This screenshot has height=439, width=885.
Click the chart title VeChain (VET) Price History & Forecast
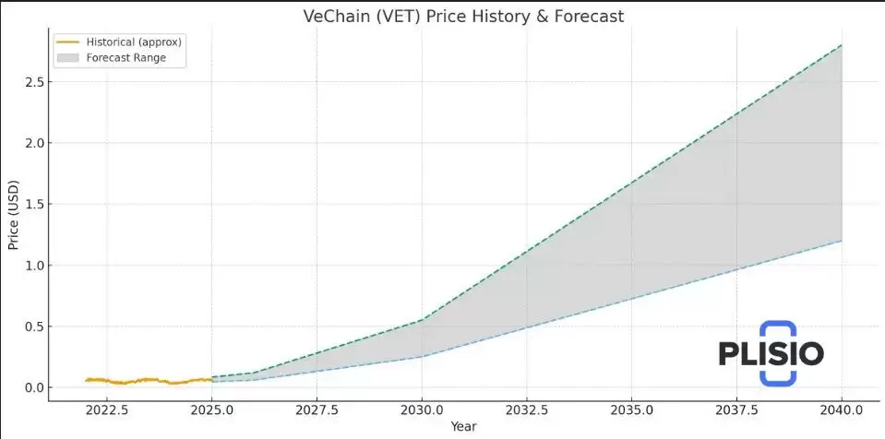(x=463, y=17)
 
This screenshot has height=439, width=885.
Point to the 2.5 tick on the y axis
(x=32, y=82)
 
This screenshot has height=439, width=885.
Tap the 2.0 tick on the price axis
(x=32, y=143)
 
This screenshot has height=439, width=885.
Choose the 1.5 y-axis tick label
(x=32, y=205)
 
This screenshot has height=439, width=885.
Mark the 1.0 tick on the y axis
(x=32, y=266)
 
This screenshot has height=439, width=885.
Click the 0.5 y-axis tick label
(x=32, y=326)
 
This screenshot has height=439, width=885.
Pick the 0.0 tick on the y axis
(x=32, y=387)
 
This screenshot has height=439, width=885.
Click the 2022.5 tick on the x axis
(x=107, y=409)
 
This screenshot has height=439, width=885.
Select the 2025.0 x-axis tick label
(x=212, y=409)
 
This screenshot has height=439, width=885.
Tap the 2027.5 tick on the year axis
(x=317, y=409)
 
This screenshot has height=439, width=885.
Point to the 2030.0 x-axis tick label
(x=422, y=409)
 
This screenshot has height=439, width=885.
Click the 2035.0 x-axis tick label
(x=631, y=409)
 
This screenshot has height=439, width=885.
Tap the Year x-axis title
(x=463, y=427)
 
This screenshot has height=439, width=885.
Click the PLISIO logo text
(x=771, y=353)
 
